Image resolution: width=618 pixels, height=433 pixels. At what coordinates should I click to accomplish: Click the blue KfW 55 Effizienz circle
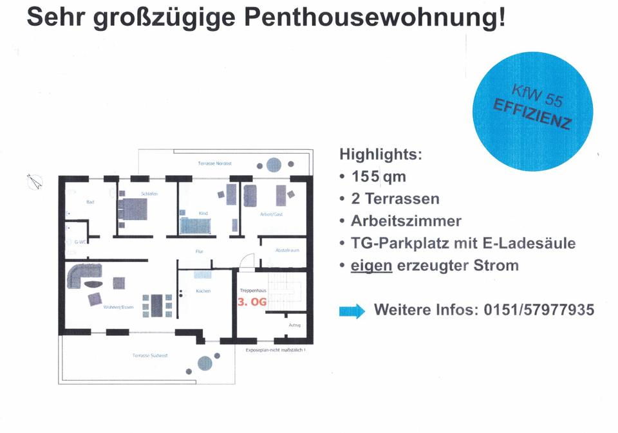(534, 107)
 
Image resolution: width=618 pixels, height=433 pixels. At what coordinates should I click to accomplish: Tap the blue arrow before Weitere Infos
(351, 312)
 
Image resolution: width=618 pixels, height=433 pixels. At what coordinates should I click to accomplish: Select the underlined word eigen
(371, 265)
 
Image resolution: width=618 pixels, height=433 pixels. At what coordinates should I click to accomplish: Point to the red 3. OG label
(252, 301)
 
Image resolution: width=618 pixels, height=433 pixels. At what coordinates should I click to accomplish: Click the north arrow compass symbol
(35, 182)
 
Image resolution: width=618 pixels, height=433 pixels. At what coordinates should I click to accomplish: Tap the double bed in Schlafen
(134, 209)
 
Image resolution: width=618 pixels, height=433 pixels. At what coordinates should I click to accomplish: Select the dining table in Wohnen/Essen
(156, 306)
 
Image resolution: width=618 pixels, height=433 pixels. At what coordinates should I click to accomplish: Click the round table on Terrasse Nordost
(274, 165)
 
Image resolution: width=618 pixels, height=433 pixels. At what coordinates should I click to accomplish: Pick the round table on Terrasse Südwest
(204, 364)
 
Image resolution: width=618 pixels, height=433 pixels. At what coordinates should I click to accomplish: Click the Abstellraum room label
(286, 250)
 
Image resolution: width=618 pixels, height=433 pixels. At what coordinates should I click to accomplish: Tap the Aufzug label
(295, 325)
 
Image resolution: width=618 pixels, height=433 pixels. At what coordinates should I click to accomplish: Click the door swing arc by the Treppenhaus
(245, 261)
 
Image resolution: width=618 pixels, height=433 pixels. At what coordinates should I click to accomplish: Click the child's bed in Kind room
(196, 225)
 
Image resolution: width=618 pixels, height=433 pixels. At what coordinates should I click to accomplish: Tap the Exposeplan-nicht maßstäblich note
(276, 349)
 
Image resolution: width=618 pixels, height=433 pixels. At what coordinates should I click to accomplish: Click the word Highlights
(380, 154)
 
